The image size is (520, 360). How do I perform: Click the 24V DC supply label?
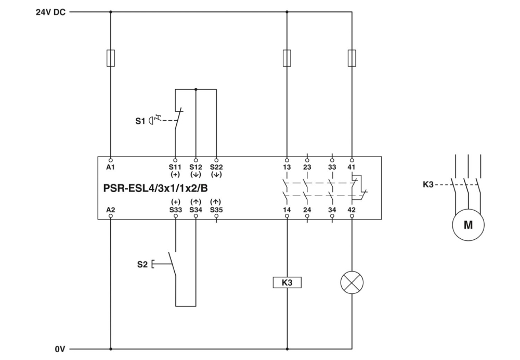pyautogui.click(x=50, y=11)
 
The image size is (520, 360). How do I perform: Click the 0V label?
pyautogui.click(x=60, y=349)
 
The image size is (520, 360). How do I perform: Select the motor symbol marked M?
pyautogui.click(x=467, y=226)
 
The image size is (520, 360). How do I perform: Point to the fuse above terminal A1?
pyautogui.click(x=111, y=58)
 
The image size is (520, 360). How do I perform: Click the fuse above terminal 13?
pyautogui.click(x=287, y=58)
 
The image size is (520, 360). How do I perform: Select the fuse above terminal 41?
pyautogui.click(x=352, y=58)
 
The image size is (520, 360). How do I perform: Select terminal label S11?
pyautogui.click(x=175, y=167)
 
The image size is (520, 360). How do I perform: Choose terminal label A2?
pyautogui.click(x=111, y=209)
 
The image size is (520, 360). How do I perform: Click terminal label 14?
pyautogui.click(x=287, y=209)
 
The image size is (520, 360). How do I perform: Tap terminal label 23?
pyautogui.click(x=307, y=167)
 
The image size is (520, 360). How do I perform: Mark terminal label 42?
pyautogui.click(x=352, y=209)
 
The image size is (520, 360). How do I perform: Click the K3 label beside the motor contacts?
pyautogui.click(x=428, y=185)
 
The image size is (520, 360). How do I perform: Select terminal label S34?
pyautogui.click(x=196, y=209)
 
